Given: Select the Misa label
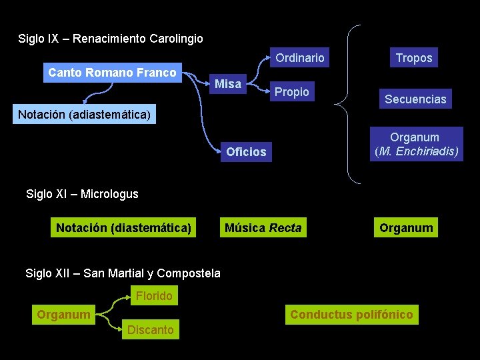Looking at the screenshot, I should click(228, 84).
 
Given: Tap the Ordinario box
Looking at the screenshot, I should click(300, 58).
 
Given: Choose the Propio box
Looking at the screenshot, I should click(292, 92).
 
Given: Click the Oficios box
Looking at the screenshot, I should click(246, 152).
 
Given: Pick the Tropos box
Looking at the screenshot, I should click(414, 58).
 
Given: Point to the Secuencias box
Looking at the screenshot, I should click(415, 99).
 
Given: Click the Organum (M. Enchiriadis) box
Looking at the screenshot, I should click(416, 145).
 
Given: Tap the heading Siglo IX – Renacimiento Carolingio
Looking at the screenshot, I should click(111, 39).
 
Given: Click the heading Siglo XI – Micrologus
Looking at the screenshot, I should click(82, 194).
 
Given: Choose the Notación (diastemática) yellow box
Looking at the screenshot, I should click(124, 228).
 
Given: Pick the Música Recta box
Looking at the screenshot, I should click(263, 228).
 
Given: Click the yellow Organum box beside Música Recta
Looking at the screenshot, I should click(406, 228).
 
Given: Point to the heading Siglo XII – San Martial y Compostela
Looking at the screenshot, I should click(123, 273).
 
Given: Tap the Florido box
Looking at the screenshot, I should click(154, 296).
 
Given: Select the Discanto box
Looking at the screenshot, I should click(151, 330).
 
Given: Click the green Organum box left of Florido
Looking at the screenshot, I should click(64, 314).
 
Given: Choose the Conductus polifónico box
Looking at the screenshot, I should click(351, 315).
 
